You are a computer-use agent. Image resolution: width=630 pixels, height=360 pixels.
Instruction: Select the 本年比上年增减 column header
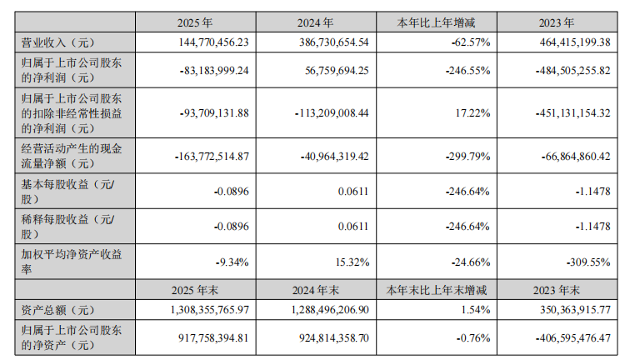click(x=436, y=24)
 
